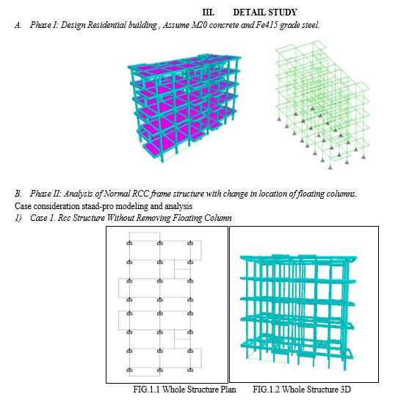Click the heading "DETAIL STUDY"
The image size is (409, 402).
(265, 12)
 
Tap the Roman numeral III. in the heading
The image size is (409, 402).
(208, 12)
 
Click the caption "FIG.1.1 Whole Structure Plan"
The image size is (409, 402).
(185, 390)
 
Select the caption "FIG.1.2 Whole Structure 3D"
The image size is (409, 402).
(302, 390)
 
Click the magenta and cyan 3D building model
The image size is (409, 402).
(184, 108)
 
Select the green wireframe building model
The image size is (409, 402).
(322, 105)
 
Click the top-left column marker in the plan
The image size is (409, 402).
(129, 244)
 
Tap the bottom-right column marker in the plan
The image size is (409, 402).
(190, 370)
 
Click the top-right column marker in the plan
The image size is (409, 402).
(190, 244)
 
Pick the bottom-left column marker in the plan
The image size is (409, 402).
(129, 370)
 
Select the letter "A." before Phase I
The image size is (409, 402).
(18, 25)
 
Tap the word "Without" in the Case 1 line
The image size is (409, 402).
(120, 218)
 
